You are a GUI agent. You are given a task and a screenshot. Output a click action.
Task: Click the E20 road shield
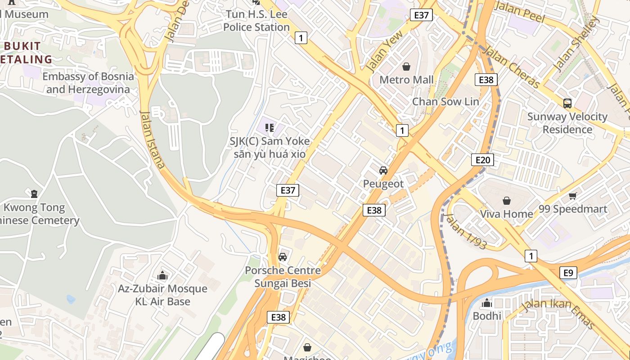pyautogui.click(x=482, y=160)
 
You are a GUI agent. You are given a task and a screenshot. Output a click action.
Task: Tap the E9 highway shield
pyautogui.click(x=568, y=273)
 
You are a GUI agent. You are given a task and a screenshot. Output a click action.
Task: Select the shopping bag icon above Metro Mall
pyautogui.click(x=406, y=67)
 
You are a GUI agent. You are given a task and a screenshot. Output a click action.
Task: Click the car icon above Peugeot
pyautogui.click(x=383, y=171)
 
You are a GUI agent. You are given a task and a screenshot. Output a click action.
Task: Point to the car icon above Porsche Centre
pyautogui.click(x=282, y=257)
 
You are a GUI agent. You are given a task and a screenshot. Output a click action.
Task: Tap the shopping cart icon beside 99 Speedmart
pyautogui.click(x=572, y=196)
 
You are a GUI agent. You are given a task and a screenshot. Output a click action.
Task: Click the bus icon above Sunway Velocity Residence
pyautogui.click(x=567, y=103)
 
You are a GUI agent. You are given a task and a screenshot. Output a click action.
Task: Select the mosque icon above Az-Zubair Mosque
pyautogui.click(x=162, y=275)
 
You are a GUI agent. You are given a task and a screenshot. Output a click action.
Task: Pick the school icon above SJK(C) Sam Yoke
pyautogui.click(x=270, y=128)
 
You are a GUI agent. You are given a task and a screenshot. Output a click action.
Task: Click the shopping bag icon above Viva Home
pyautogui.click(x=507, y=201)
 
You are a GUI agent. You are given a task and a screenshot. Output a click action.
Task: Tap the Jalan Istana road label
pyautogui.click(x=152, y=139)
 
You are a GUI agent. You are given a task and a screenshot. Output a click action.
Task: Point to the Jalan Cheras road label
pyautogui.click(x=513, y=68)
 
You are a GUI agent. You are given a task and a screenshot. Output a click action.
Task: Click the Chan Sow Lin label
pyautogui.click(x=445, y=102)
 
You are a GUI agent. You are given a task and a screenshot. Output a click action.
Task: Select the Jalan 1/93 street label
pyautogui.click(x=465, y=231)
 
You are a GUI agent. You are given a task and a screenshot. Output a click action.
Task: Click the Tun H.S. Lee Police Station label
pyautogui.click(x=256, y=21)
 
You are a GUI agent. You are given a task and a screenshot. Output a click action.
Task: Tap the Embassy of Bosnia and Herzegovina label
pyautogui.click(x=88, y=83)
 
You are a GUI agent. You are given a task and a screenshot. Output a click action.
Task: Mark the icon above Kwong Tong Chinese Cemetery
pyautogui.click(x=34, y=194)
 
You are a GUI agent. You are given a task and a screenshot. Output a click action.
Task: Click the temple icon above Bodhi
pyautogui.click(x=486, y=303)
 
